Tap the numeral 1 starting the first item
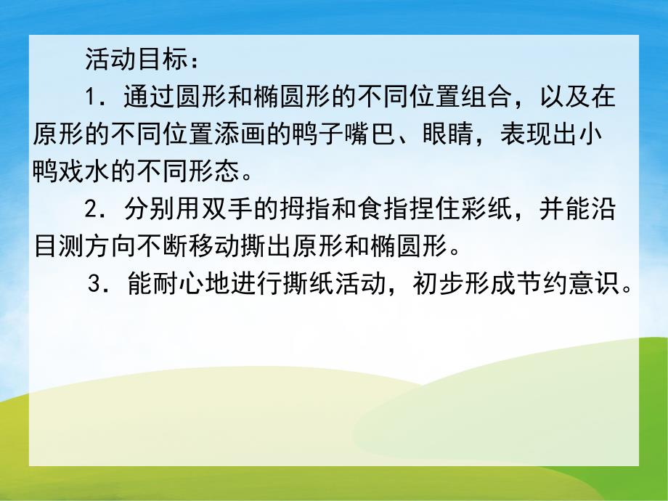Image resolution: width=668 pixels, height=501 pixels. click(91, 96)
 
